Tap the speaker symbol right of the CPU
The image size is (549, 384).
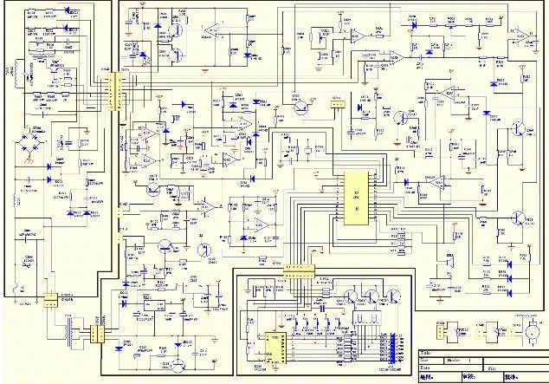(449, 261)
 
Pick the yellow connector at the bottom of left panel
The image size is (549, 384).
(50, 299)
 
